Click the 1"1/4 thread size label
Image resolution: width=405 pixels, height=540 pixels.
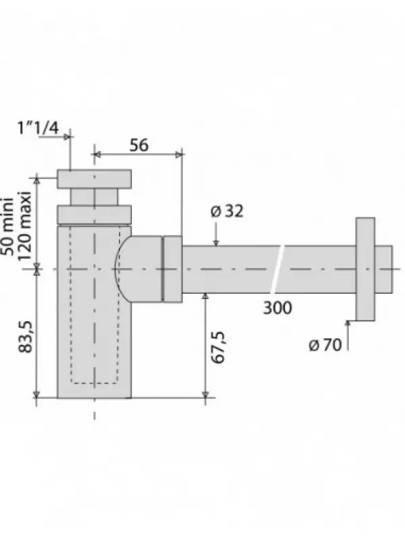(x=38, y=128)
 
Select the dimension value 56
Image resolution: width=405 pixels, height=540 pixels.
(x=139, y=145)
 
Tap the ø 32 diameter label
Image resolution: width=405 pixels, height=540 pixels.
(x=227, y=211)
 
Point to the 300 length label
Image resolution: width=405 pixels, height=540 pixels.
(x=277, y=308)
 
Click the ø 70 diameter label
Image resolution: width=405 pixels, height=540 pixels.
(x=325, y=344)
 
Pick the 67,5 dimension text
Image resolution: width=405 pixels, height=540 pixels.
(x=218, y=348)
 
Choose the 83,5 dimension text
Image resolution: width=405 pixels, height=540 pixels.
(x=25, y=336)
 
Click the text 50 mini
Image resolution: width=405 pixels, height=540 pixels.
(x=7, y=227)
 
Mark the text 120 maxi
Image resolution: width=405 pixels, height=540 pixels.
(x=24, y=226)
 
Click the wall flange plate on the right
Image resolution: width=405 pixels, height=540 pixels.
(x=365, y=269)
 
